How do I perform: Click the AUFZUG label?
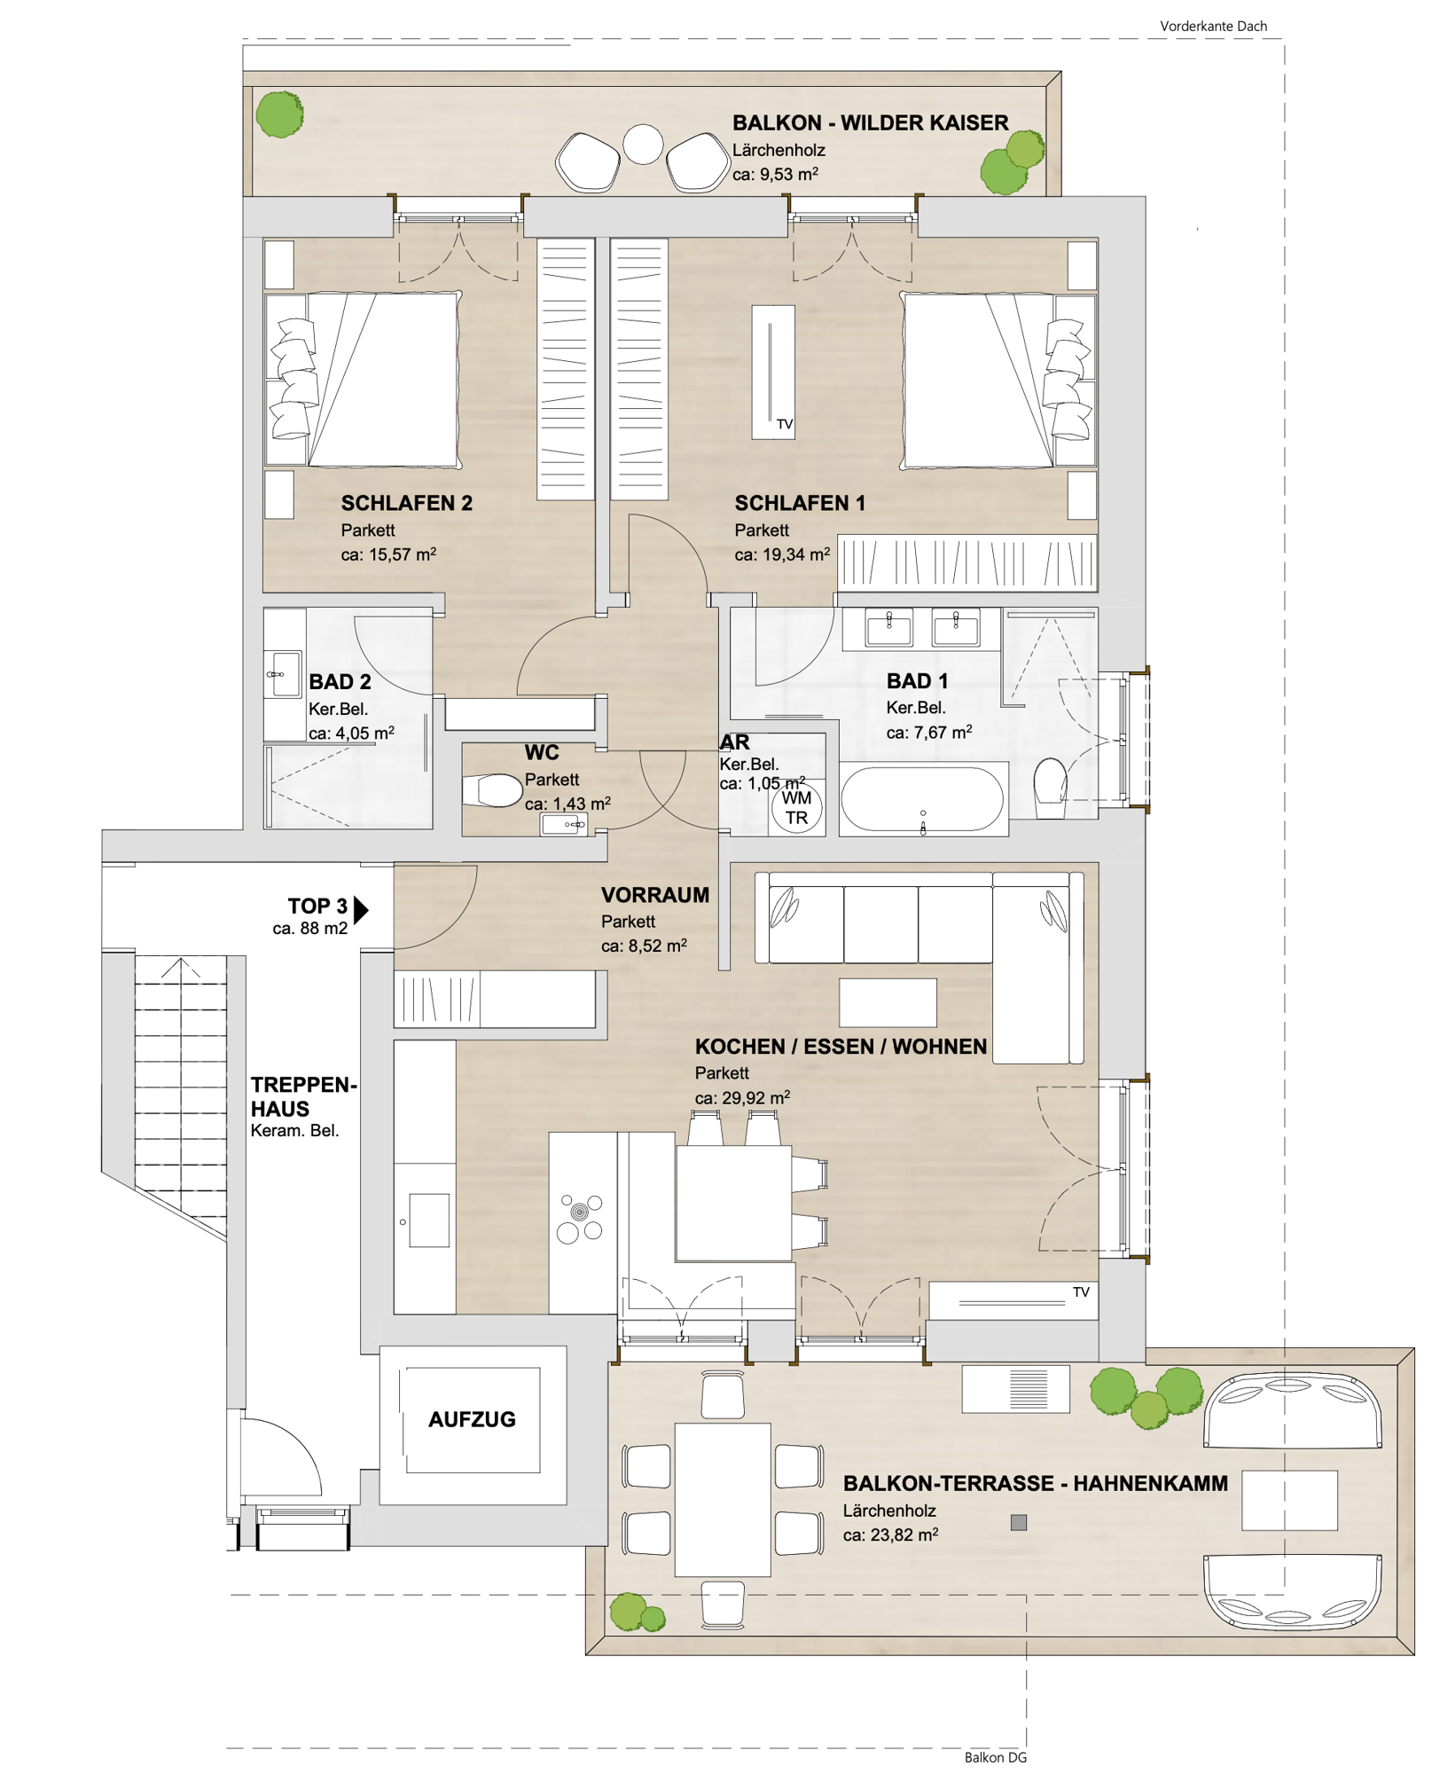[472, 1419]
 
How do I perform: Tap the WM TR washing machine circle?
[796, 807]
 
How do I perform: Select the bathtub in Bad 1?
[923, 798]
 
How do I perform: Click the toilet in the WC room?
[492, 790]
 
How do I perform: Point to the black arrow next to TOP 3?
[361, 909]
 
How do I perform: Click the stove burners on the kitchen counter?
[580, 1217]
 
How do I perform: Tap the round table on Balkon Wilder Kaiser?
[643, 145]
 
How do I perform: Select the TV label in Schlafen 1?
[785, 424]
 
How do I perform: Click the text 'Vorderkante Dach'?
[1213, 27]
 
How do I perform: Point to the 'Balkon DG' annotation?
[995, 1757]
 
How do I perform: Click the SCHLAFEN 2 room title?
[407, 503]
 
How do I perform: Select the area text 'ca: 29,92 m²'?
[742, 1097]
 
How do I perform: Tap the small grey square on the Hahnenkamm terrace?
[1019, 1522]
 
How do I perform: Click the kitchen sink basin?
[429, 1221]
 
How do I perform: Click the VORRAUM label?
[655, 895]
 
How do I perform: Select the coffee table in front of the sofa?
[888, 1002]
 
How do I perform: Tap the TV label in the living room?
[1081, 1291]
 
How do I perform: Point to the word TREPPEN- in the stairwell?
[304, 1084]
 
